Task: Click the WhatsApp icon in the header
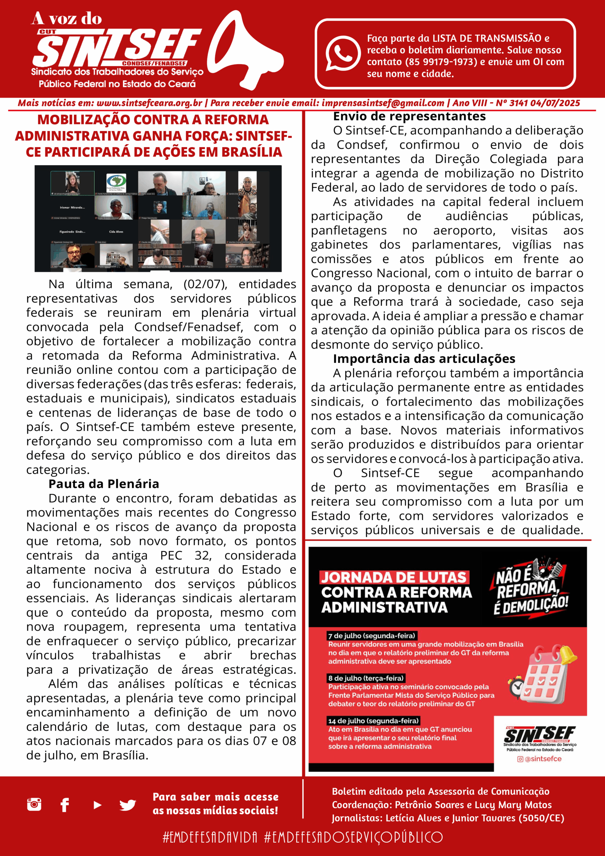tap(343, 53)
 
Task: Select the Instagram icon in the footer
tap(34, 804)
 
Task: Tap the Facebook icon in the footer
tap(65, 805)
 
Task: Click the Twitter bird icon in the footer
tap(127, 805)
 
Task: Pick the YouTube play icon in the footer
tap(97, 805)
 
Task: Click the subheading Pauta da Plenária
tap(104, 484)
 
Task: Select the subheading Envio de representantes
tap(409, 117)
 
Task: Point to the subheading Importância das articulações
tap(424, 359)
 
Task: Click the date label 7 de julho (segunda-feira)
tap(372, 636)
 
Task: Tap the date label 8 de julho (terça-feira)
tap(366, 678)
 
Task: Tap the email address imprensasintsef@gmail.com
tap(383, 103)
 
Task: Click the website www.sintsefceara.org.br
tap(149, 103)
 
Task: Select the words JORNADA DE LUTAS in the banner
tap(394, 577)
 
